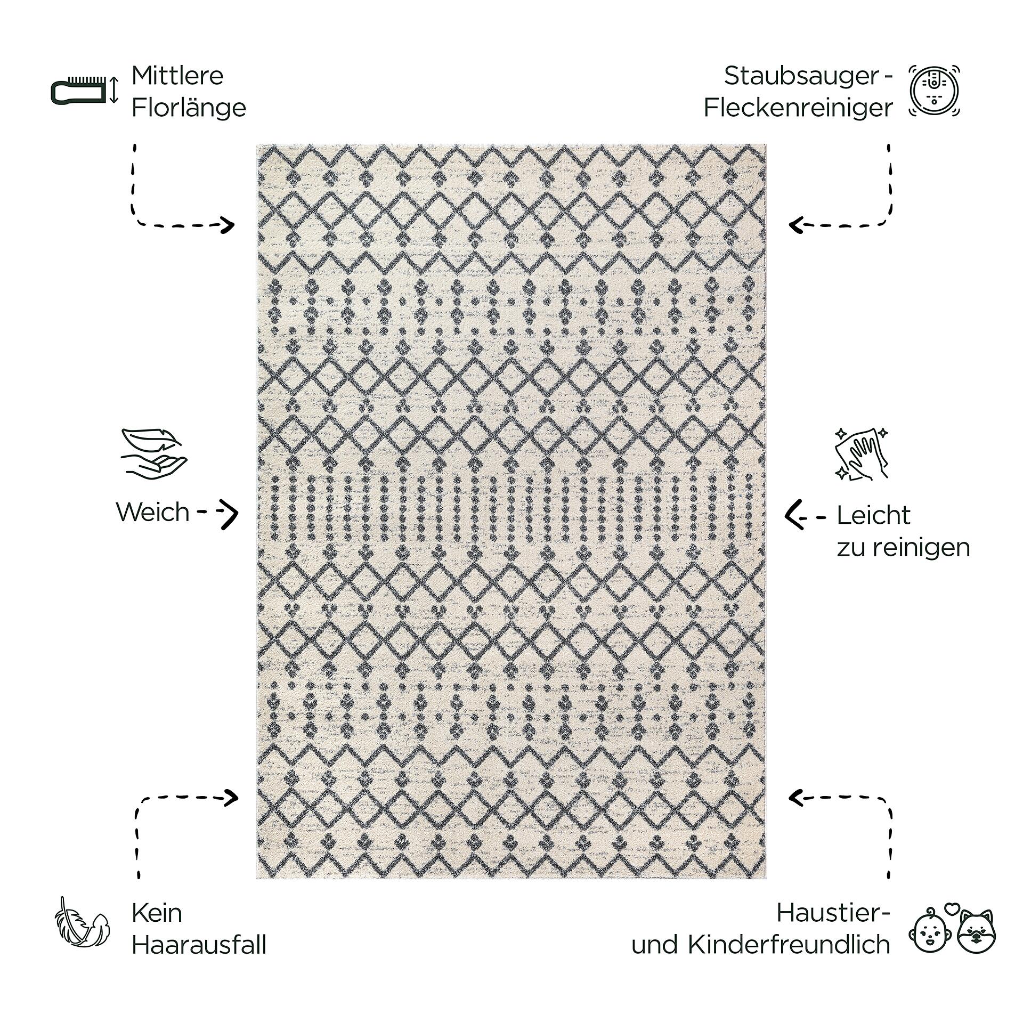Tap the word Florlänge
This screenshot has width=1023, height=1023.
point(189,108)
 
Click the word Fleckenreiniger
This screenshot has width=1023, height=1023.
point(798,108)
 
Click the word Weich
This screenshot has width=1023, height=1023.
point(153,512)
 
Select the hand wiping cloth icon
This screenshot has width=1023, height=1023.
point(861,453)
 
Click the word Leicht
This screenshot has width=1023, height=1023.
point(873,515)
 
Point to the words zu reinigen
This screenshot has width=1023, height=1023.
point(903,548)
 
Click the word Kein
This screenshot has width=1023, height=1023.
point(157,913)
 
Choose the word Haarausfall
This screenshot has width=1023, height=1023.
point(199,945)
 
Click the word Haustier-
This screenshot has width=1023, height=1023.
point(833,913)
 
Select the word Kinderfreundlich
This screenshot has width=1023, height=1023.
point(789,945)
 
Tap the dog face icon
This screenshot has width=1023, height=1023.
point(976,932)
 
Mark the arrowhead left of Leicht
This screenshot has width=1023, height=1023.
point(794,515)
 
